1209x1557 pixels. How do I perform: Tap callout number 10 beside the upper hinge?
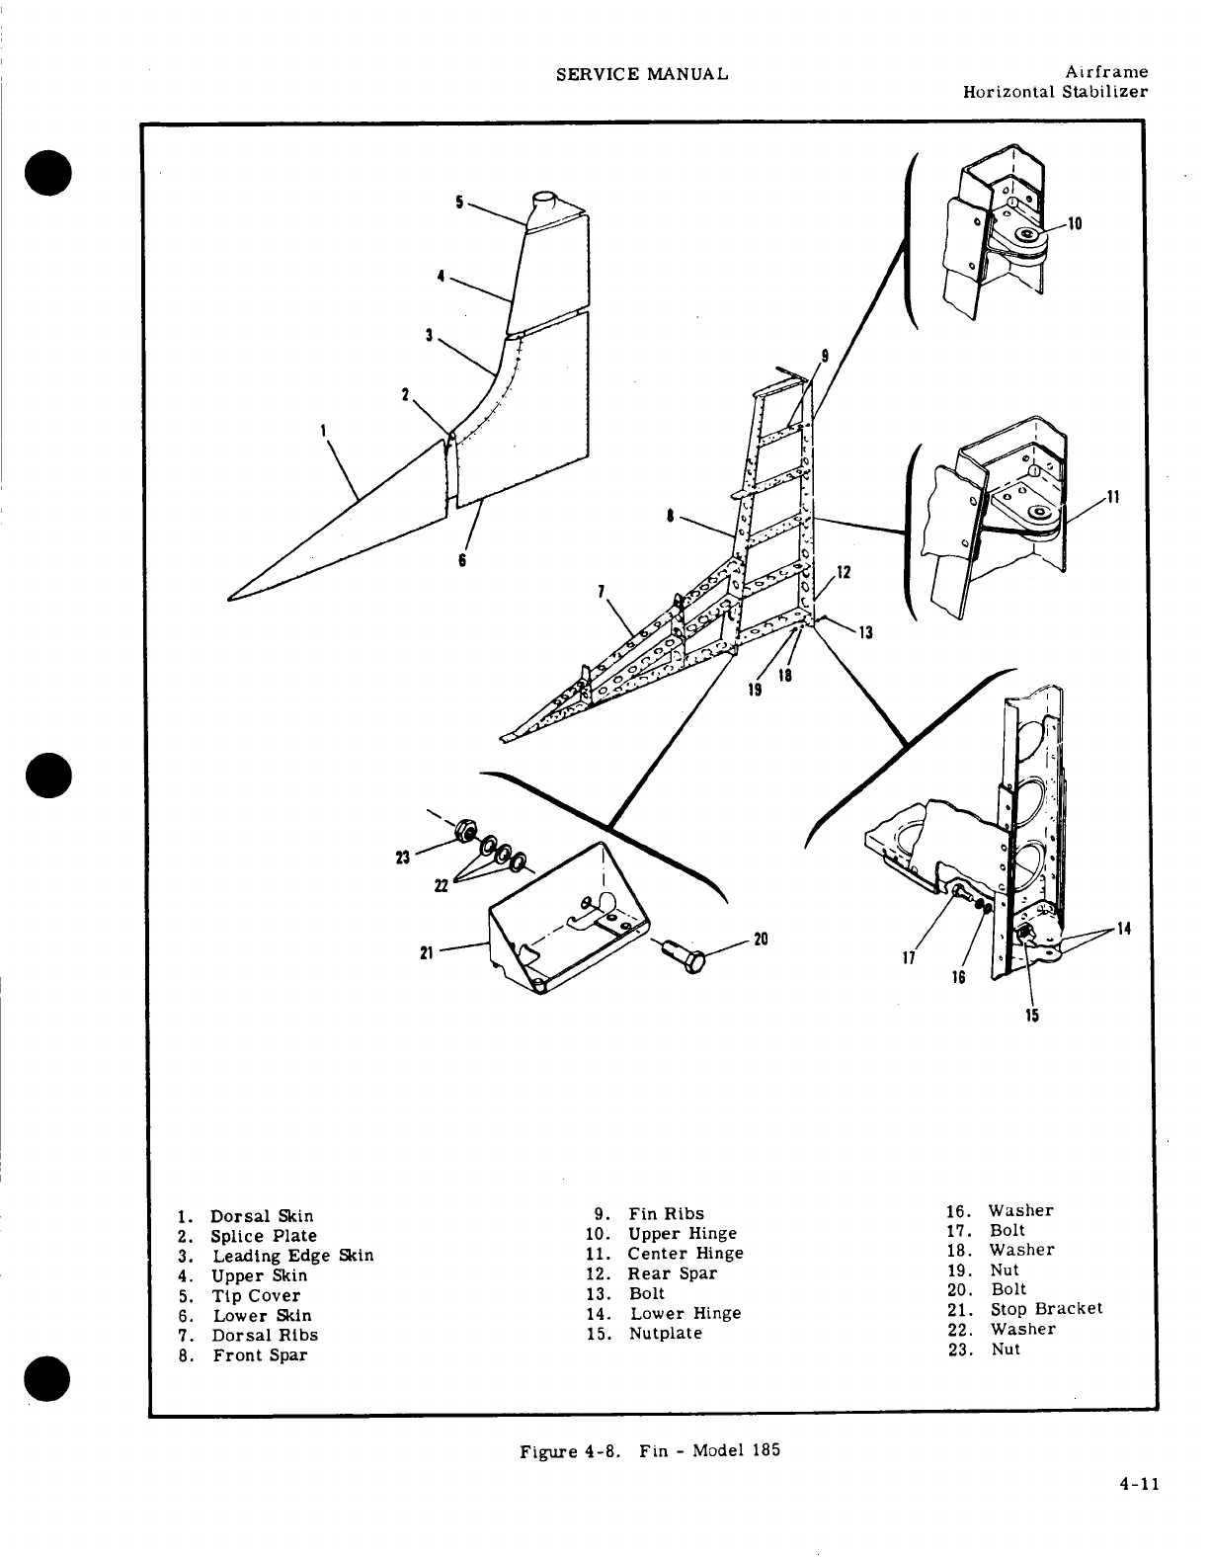click(x=1077, y=224)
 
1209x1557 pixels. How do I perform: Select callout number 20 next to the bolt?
click(x=761, y=939)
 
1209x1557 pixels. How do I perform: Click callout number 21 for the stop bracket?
click(x=427, y=952)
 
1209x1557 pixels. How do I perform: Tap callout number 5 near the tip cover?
click(x=459, y=202)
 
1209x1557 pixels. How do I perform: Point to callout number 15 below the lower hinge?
click(x=1032, y=1015)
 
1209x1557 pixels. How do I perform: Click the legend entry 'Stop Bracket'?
click(x=1046, y=1309)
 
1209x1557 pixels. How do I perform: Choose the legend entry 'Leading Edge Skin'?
click(x=292, y=1256)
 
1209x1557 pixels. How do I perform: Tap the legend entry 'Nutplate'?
click(x=666, y=1334)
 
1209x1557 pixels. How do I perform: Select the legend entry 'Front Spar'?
click(x=260, y=1355)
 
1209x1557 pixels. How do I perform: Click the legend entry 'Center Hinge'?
click(x=685, y=1254)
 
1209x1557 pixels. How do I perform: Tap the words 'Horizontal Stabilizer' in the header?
click(x=1055, y=92)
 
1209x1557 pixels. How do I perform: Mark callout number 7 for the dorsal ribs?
click(x=602, y=591)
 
